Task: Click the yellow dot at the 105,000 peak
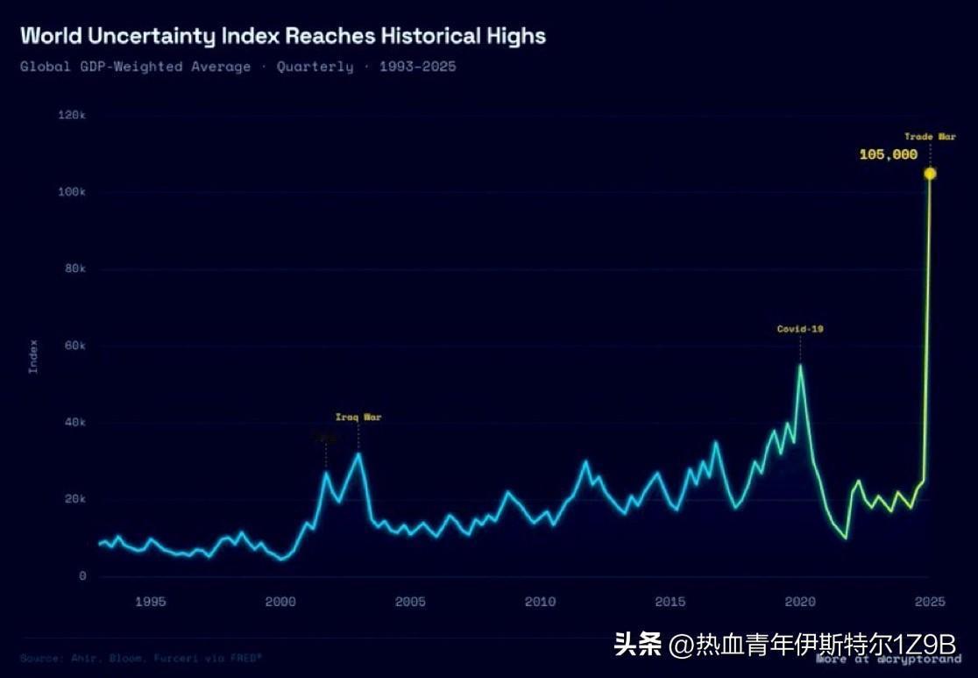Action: click(930, 174)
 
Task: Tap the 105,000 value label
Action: click(888, 155)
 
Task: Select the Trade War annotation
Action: click(930, 137)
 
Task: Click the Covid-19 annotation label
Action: click(800, 330)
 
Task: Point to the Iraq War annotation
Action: click(358, 418)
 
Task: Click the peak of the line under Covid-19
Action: click(800, 366)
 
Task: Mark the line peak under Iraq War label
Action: click(358, 453)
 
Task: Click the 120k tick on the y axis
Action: click(72, 116)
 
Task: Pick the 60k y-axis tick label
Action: click(74, 346)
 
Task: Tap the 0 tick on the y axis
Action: click(82, 576)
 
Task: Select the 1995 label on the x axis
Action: click(151, 602)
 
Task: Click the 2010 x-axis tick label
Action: click(540, 602)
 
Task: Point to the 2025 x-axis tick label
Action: click(929, 602)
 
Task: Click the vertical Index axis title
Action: click(33, 356)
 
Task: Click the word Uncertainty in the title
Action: click(154, 36)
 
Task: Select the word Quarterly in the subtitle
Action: click(315, 67)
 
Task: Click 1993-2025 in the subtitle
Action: click(417, 67)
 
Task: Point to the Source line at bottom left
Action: click(140, 657)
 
